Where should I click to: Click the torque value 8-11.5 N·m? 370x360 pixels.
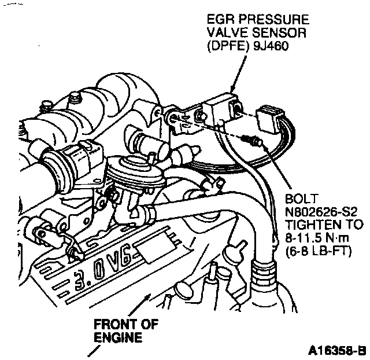point(323,237)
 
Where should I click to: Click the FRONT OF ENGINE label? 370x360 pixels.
point(126,329)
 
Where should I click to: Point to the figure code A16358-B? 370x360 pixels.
point(336,350)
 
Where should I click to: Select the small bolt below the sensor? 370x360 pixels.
point(253,139)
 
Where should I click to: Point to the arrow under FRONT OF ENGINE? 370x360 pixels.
point(91,351)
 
